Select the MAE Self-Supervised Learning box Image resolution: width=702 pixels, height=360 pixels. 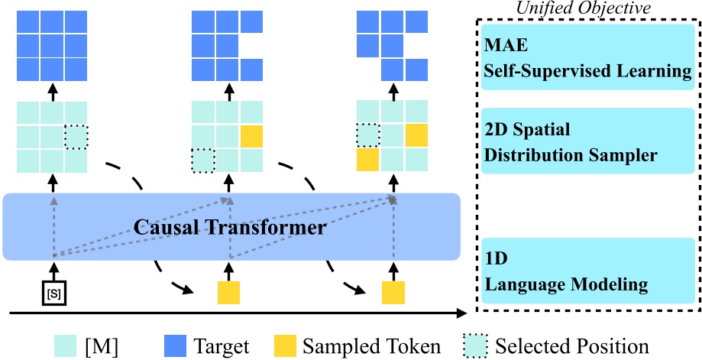(x=587, y=57)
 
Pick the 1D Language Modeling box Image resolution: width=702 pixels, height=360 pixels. (x=587, y=270)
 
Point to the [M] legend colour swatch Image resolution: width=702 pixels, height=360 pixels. (x=67, y=344)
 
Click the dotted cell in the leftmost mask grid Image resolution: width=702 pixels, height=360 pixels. (x=76, y=138)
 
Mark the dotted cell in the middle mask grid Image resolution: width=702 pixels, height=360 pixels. (x=203, y=161)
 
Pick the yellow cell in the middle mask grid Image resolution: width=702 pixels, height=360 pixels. (x=251, y=138)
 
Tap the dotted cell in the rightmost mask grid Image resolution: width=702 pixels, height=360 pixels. (x=368, y=136)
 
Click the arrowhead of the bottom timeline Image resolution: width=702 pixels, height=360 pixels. (x=461, y=312)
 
